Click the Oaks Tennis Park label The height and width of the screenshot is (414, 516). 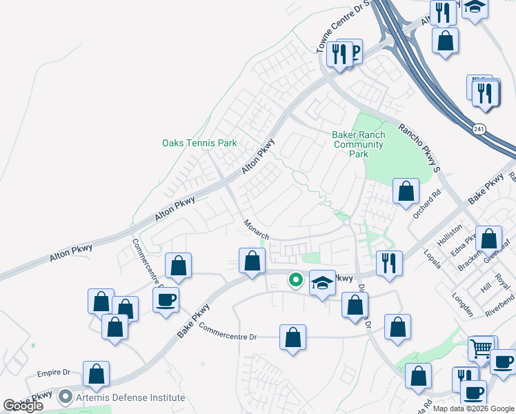[x=199, y=144]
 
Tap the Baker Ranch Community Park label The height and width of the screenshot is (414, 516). [x=358, y=145]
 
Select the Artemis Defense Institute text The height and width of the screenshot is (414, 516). [x=130, y=397]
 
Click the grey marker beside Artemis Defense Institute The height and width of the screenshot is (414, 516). [x=66, y=397]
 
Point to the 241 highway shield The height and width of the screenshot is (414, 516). [x=479, y=129]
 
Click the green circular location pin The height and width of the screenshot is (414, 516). [x=296, y=279]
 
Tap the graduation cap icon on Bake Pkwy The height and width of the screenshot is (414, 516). [x=322, y=282]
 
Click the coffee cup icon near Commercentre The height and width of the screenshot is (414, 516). [x=166, y=300]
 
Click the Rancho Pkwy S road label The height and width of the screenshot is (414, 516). [x=419, y=148]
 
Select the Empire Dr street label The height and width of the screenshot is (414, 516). [x=54, y=373]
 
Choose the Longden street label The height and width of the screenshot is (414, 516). [x=462, y=304]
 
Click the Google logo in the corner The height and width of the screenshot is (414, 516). [x=23, y=406]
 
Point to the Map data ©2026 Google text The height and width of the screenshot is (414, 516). [x=473, y=408]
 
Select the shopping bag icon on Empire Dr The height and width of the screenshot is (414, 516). [x=97, y=373]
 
